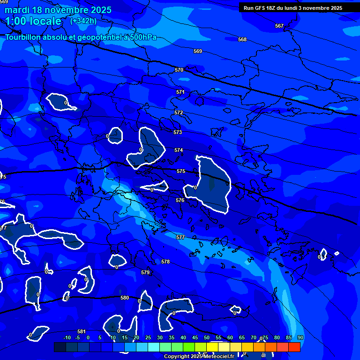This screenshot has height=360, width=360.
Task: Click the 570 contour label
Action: point(179,70)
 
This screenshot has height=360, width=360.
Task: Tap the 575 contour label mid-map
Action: point(181,171)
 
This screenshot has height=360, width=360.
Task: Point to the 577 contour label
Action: point(180,238)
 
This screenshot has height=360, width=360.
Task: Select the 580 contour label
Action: point(125,298)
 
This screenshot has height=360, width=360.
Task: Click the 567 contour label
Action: point(279,26)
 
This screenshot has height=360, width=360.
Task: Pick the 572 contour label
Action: point(179,113)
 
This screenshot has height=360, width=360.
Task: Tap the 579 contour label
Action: point(145,272)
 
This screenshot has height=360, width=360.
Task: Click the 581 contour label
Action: point(82,331)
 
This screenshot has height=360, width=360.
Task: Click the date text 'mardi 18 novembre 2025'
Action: point(58,10)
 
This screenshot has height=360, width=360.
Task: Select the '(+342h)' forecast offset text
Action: point(83,21)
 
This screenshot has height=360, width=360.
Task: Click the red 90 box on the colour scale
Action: point(294,347)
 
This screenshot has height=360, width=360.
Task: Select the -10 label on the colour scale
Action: point(67,338)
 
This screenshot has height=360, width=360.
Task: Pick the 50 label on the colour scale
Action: point(207,338)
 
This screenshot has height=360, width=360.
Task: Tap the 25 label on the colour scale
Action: point(148,338)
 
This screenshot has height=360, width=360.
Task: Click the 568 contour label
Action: point(242,40)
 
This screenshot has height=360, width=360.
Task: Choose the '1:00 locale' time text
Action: point(33,21)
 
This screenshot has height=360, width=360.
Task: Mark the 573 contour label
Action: point(178,133)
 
